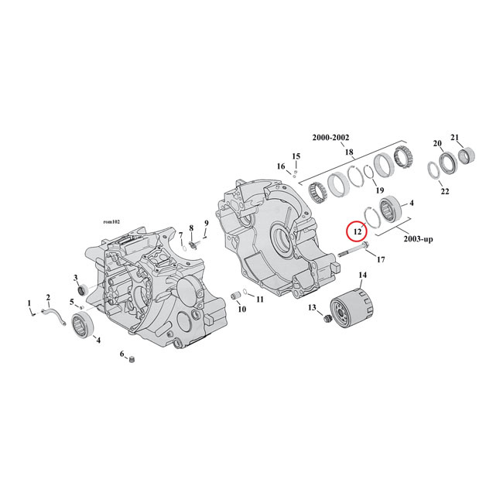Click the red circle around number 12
(x=358, y=231)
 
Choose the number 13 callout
(x=313, y=308)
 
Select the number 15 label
(x=296, y=156)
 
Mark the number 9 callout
(x=207, y=224)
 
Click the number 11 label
(x=259, y=299)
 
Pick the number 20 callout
(x=437, y=143)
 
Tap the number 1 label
(x=29, y=303)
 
